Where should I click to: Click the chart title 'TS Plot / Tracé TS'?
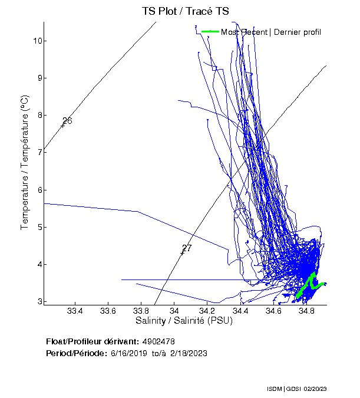pyautogui.click(x=184, y=11)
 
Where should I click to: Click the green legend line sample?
pyautogui.click(x=210, y=32)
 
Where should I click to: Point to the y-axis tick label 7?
pyautogui.click(x=37, y=152)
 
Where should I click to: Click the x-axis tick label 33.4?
pyautogui.click(x=75, y=311)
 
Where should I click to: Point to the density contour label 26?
pyautogui.click(x=67, y=121)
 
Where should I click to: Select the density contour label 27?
pyautogui.click(x=187, y=248)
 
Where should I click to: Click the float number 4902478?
pyautogui.click(x=158, y=341)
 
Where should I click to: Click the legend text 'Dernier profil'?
pyautogui.click(x=297, y=32)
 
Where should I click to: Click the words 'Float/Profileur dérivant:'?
pyautogui.click(x=93, y=341)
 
